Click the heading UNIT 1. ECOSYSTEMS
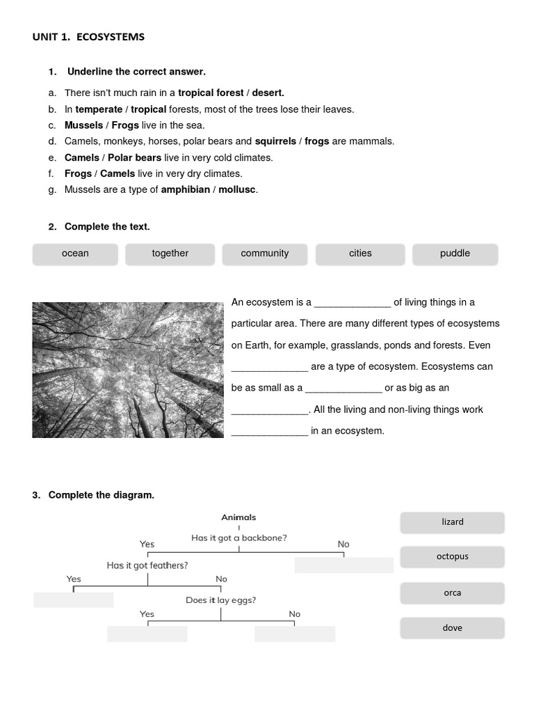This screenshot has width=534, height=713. pyautogui.click(x=88, y=37)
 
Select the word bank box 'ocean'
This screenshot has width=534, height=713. pyautogui.click(x=75, y=254)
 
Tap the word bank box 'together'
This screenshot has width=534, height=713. pyautogui.click(x=170, y=254)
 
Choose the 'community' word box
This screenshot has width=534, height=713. pyautogui.click(x=265, y=254)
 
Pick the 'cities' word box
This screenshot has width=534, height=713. pyautogui.click(x=360, y=254)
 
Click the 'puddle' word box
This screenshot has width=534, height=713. pyautogui.click(x=455, y=254)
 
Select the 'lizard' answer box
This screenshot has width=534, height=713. pyautogui.click(x=452, y=522)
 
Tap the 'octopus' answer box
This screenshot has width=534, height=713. pyautogui.click(x=452, y=557)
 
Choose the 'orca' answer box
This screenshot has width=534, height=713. pyautogui.click(x=452, y=593)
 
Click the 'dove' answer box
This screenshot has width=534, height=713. pyautogui.click(x=452, y=628)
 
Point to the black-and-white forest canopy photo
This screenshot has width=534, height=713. pyautogui.click(x=128, y=370)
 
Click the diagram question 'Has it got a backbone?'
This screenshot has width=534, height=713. pyautogui.click(x=239, y=538)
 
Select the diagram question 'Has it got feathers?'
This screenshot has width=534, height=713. pyautogui.click(x=147, y=565)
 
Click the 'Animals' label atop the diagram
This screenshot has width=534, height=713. pyautogui.click(x=238, y=517)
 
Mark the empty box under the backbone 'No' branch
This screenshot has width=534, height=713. pyautogui.click(x=343, y=565)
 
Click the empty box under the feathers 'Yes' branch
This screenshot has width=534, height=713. pyautogui.click(x=74, y=600)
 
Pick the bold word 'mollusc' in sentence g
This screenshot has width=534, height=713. pyautogui.click(x=237, y=189)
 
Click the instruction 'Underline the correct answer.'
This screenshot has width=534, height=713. pyautogui.click(x=136, y=72)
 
